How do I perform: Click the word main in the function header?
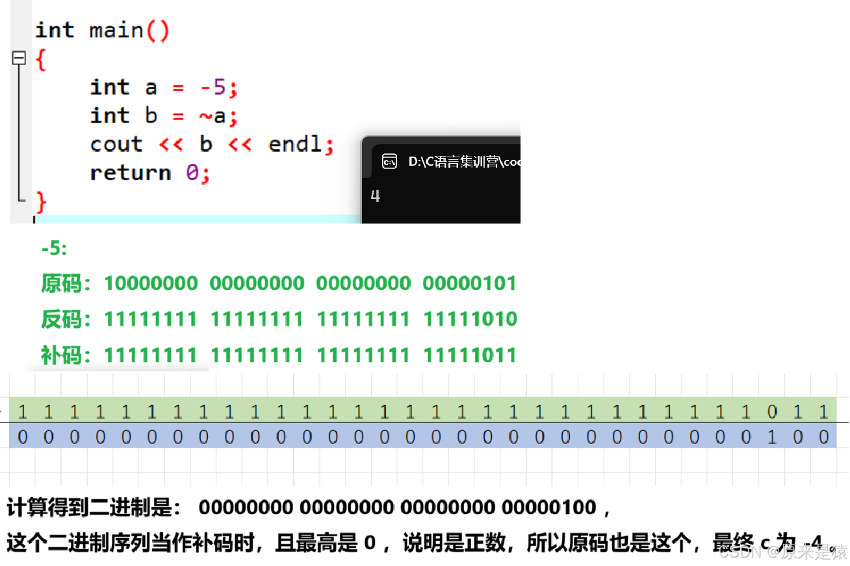[117, 31]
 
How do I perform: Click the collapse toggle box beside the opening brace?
[19, 58]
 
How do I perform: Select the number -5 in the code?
[214, 87]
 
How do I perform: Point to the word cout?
[116, 144]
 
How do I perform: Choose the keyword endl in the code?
[296, 144]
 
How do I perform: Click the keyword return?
[131, 173]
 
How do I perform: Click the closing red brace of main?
[41, 201]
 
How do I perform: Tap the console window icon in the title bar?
[389, 161]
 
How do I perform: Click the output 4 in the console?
[375, 196]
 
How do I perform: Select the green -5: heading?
[54, 248]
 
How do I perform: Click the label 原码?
[60, 283]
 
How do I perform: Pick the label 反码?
[60, 319]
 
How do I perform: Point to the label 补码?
[60, 355]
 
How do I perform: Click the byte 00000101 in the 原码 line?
[469, 283]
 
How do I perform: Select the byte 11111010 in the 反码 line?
[469, 319]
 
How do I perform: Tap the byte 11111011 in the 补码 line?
[469, 355]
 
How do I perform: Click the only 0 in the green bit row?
[772, 411]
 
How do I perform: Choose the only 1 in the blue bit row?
[772, 437]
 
